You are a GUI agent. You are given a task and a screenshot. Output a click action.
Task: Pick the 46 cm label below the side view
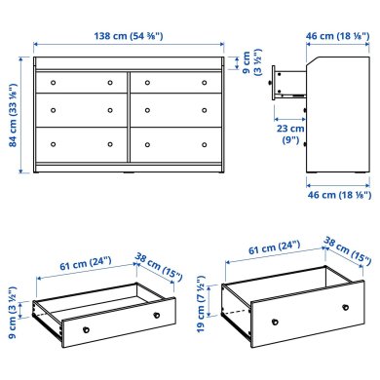coord(336,195)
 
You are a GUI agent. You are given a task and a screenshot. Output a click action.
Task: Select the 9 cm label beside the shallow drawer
coord(19,316)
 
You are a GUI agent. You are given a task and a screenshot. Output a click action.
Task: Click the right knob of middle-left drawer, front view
coord(107,108)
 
